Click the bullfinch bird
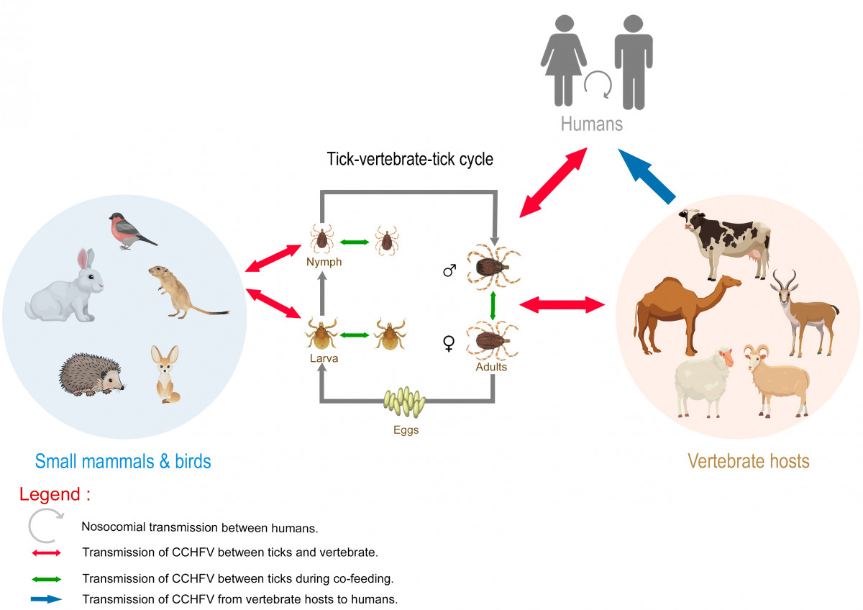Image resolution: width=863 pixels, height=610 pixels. [131, 231]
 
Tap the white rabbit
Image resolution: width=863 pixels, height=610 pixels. [65, 290]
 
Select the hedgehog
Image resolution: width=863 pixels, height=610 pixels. [91, 375]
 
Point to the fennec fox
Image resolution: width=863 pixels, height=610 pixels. [166, 375]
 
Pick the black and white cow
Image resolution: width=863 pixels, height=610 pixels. [724, 242]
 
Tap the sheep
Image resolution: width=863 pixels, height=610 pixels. [704, 381]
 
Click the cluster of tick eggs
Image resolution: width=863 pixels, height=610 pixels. [404, 402]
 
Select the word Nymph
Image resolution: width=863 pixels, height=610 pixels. [324, 262]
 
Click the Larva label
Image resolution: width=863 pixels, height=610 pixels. [324, 358]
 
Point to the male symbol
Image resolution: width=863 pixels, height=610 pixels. [449, 270]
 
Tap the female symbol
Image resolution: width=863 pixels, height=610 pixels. [449, 343]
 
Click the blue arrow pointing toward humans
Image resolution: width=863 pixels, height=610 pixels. [647, 176]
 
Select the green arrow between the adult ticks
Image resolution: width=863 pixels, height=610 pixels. [493, 306]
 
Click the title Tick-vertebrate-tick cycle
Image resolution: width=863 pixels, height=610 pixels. [410, 159]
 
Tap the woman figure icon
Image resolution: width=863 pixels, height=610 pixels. [563, 60]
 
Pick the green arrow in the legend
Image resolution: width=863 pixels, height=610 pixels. [46, 579]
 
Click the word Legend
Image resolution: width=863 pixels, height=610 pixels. [50, 494]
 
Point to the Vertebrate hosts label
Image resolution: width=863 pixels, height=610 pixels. [748, 461]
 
